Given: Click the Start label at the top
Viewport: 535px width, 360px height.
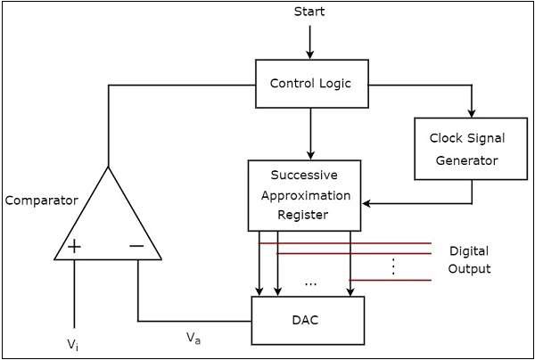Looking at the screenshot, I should (x=309, y=12).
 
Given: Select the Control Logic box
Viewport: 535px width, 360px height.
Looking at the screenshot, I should (x=310, y=85).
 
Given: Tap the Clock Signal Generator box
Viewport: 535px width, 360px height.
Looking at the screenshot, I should (x=466, y=149).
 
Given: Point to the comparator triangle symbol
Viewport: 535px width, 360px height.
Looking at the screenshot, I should (x=107, y=223).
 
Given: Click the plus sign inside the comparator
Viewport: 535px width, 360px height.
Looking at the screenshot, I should (x=74, y=246).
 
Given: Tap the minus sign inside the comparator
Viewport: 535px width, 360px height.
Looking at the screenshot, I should (x=136, y=246).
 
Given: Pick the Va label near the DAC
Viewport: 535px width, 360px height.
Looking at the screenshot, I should (x=193, y=337).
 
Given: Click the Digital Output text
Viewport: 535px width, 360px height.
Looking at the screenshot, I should (x=469, y=259).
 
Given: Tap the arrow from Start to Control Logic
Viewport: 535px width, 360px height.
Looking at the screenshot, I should (x=309, y=41).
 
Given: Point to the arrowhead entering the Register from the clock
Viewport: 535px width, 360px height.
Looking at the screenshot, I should (x=367, y=204).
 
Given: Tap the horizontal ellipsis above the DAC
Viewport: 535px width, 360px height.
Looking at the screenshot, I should (x=310, y=283).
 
